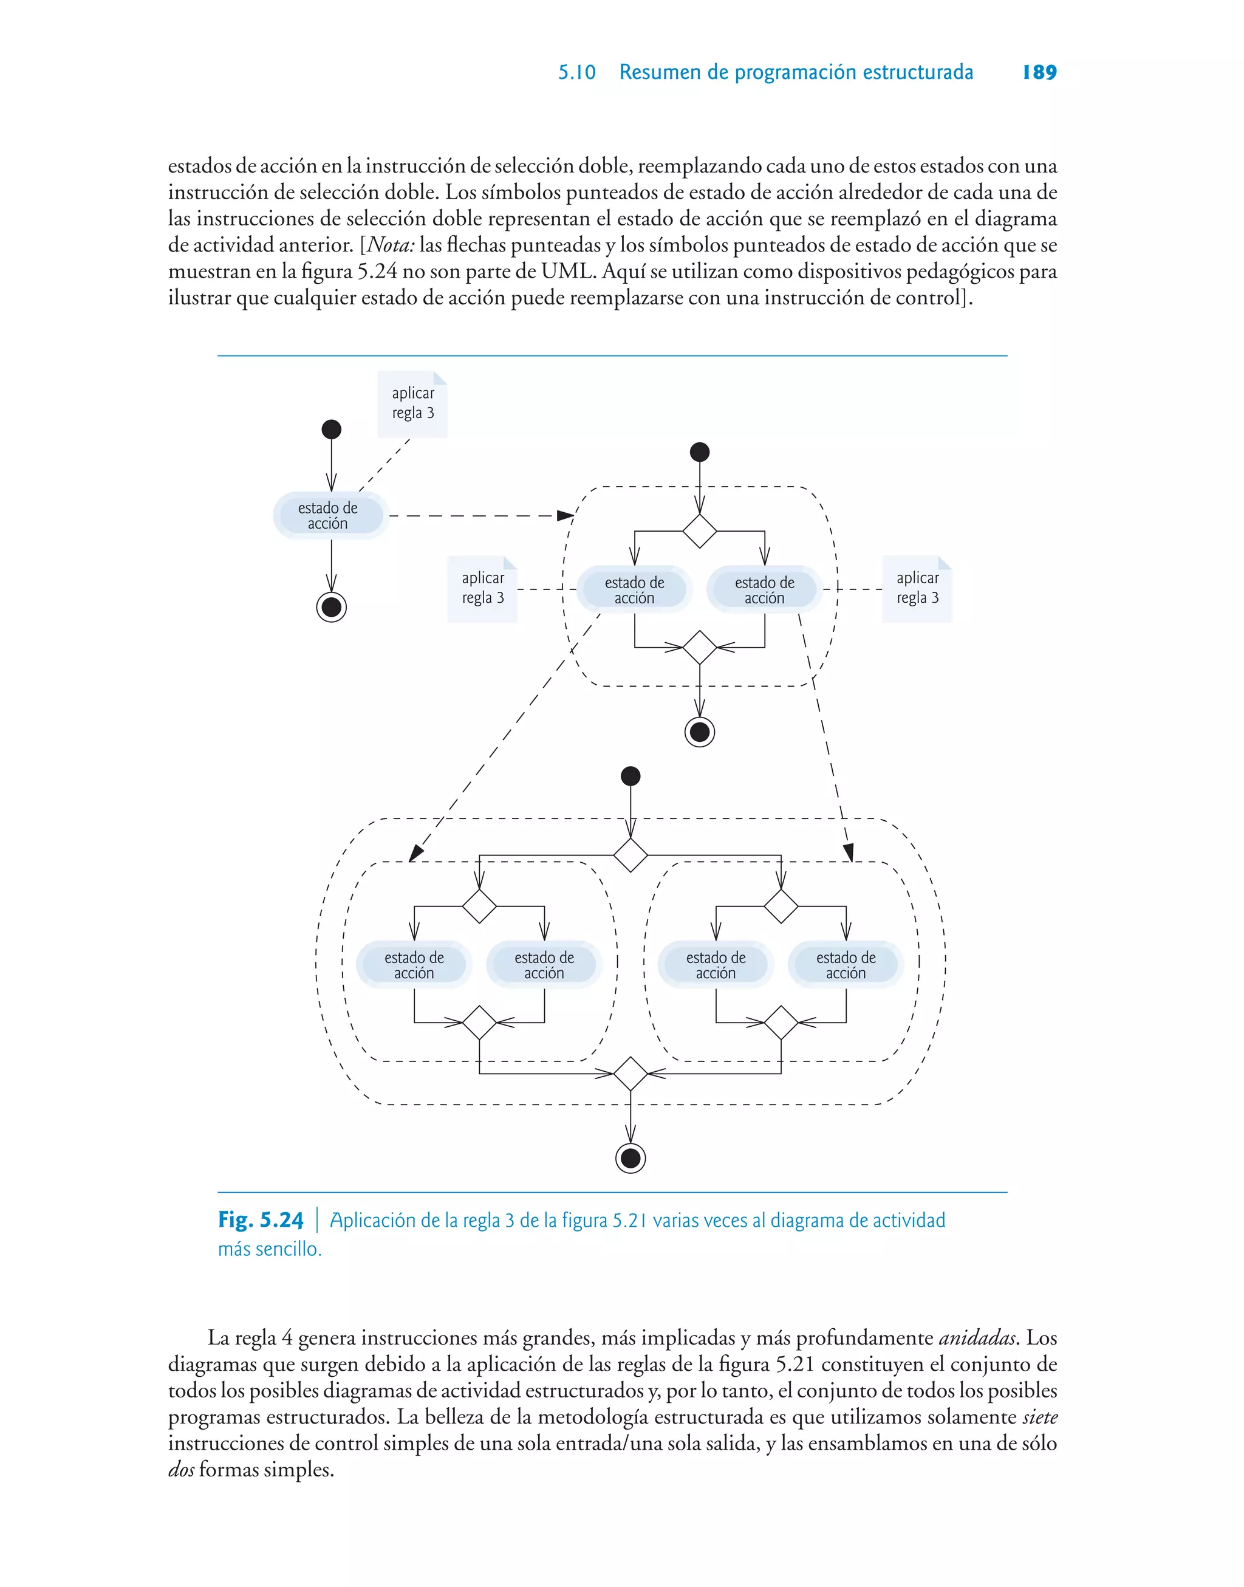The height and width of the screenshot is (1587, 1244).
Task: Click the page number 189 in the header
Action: click(1039, 72)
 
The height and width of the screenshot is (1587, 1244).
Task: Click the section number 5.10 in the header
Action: click(576, 72)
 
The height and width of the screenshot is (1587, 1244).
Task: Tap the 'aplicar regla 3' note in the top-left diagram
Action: click(412, 403)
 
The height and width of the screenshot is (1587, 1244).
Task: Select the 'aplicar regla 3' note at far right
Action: click(917, 589)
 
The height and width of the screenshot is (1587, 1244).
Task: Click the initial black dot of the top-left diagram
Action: click(332, 429)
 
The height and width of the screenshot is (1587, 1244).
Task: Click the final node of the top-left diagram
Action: click(332, 607)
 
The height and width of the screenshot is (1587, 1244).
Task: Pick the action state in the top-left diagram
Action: click(329, 516)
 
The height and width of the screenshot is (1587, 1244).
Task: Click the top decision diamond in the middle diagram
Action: click(699, 531)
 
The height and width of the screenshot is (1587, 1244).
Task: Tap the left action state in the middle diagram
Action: click(634, 590)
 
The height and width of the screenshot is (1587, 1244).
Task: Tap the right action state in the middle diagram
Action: click(764, 590)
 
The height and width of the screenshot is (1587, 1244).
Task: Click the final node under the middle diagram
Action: click(699, 732)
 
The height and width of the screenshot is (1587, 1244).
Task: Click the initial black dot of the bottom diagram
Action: click(631, 776)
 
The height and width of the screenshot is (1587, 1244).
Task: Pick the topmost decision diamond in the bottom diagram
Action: click(631, 854)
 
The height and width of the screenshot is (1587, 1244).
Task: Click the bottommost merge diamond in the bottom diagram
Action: click(631, 1074)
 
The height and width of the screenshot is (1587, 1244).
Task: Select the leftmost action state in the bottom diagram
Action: click(414, 965)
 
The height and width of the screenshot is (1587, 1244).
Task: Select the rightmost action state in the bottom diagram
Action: click(846, 965)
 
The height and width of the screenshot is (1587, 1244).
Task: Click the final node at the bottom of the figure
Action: click(631, 1158)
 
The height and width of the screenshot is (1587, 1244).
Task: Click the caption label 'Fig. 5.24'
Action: click(261, 1220)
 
